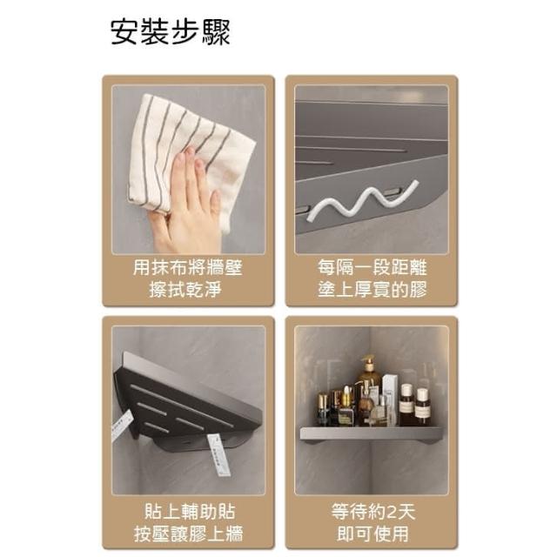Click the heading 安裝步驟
171,32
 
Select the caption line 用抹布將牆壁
188,267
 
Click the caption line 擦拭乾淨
185,289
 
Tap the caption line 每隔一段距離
372,267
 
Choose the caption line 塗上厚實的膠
372,289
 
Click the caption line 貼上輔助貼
190,512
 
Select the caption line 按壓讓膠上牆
189,534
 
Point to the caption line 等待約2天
373,512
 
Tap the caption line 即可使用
373,534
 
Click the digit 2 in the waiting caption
392,513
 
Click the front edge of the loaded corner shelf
372,433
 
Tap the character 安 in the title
124,32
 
